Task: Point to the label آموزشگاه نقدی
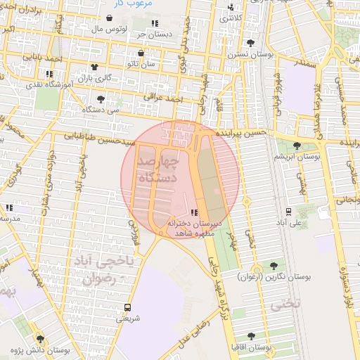49,84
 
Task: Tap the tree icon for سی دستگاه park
101,99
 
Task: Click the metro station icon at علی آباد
288,211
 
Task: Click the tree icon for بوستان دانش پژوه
39,338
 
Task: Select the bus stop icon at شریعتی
127,307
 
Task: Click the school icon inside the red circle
194,212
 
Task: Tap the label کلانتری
234,18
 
